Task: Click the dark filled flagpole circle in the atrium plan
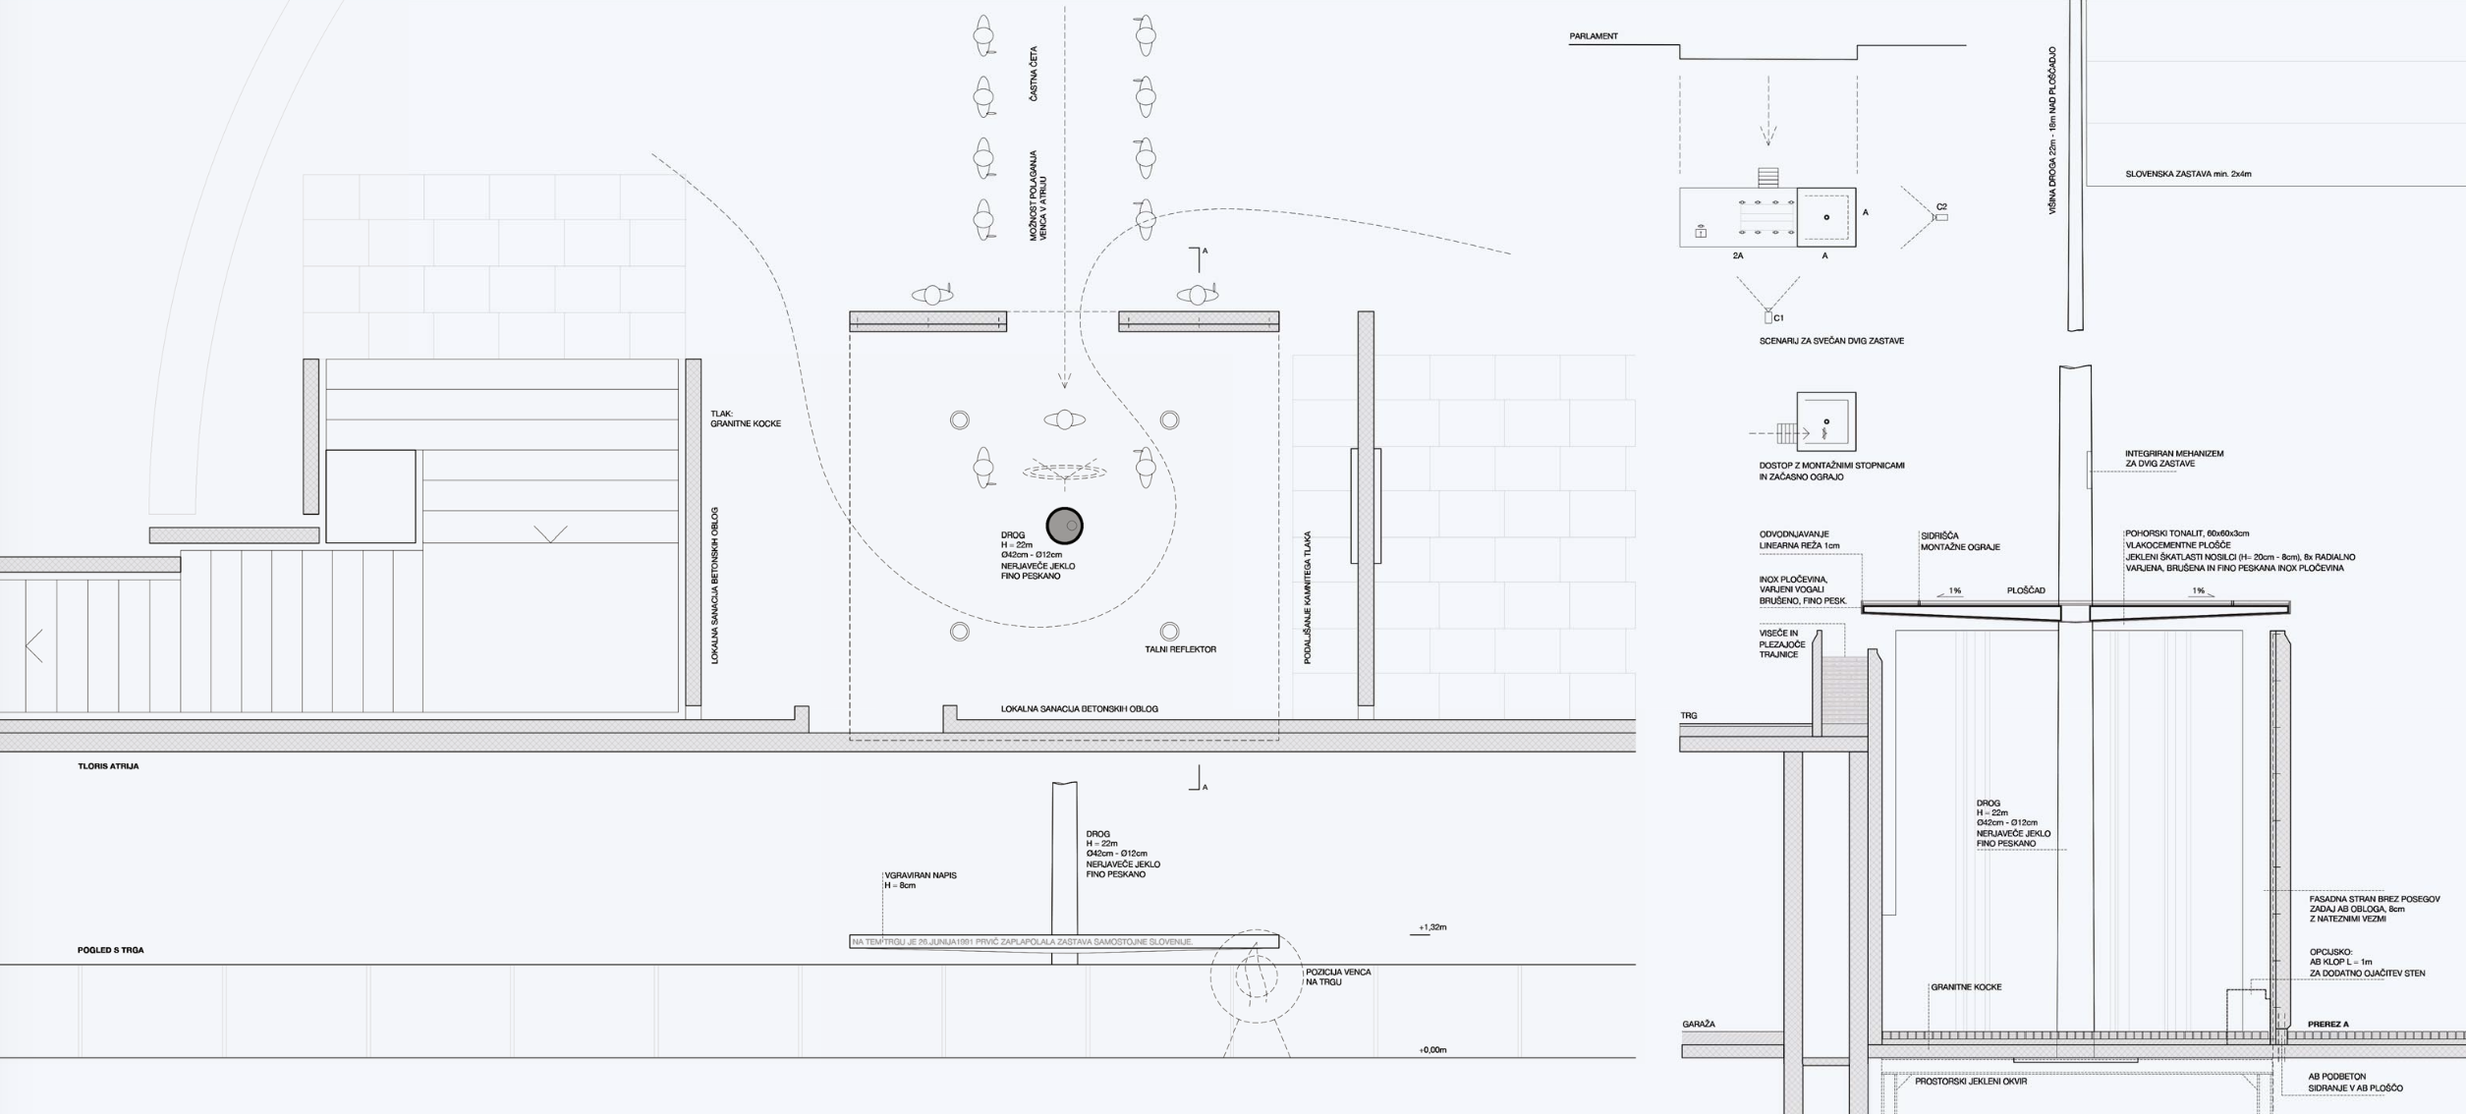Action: click(1064, 526)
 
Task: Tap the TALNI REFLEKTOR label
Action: click(1180, 649)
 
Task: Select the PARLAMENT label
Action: click(1593, 36)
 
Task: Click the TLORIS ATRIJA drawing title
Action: click(108, 766)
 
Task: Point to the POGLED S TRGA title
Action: click(110, 950)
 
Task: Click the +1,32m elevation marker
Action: click(1432, 927)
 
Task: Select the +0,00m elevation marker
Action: click(1432, 1050)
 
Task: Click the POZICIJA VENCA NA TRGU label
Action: click(1337, 976)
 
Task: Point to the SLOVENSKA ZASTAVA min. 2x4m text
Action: click(2188, 174)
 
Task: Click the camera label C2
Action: click(1941, 206)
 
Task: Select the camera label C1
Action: click(1778, 318)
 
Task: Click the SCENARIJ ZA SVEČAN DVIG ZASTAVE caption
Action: click(1831, 341)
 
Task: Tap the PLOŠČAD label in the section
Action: click(2026, 590)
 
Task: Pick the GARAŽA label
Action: click(1699, 1024)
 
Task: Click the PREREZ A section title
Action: click(2327, 1024)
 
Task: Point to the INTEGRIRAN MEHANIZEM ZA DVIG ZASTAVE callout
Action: click(2173, 459)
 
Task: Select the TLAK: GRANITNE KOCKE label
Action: click(745, 418)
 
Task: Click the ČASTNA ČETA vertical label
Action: click(1033, 74)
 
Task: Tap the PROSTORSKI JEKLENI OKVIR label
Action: click(1970, 1082)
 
